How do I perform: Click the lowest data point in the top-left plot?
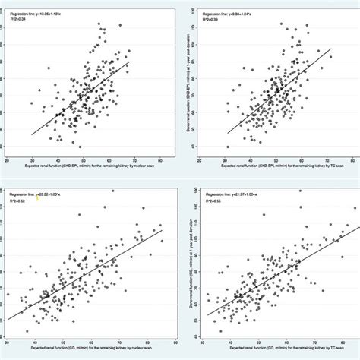click(80, 147)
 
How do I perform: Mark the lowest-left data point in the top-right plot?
click(228, 147)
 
